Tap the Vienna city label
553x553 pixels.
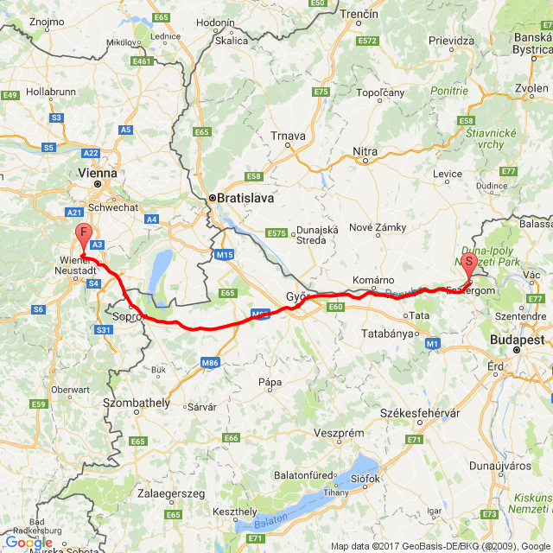tap(97, 173)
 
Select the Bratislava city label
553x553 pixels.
tap(245, 198)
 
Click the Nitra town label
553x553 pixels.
tap(365, 152)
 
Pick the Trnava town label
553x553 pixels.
tap(287, 136)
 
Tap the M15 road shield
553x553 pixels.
tap(226, 255)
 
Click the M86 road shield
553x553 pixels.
tap(210, 362)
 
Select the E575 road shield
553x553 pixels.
tap(276, 233)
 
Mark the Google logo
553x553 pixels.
tap(29, 543)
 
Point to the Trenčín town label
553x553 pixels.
tap(359, 15)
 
